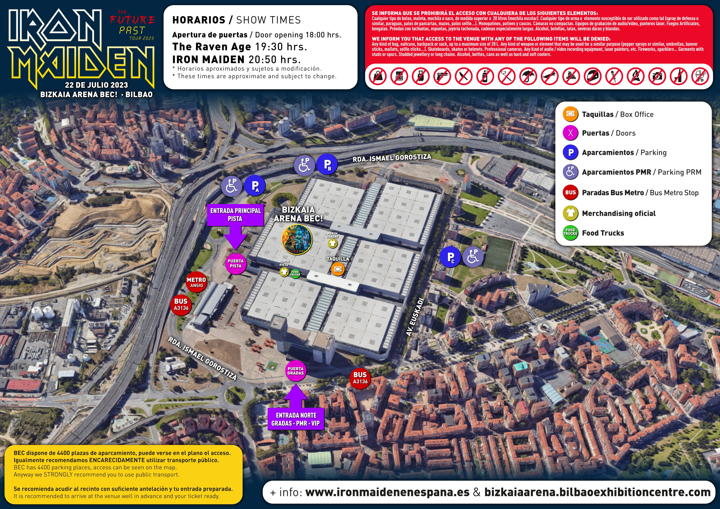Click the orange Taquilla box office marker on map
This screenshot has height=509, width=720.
338,269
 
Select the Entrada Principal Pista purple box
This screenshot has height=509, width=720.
235,215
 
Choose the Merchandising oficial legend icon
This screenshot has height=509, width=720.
570,213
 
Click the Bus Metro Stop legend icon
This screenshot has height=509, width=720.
570,193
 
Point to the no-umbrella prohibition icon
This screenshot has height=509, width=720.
528,76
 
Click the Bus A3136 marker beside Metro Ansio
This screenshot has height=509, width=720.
181,304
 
